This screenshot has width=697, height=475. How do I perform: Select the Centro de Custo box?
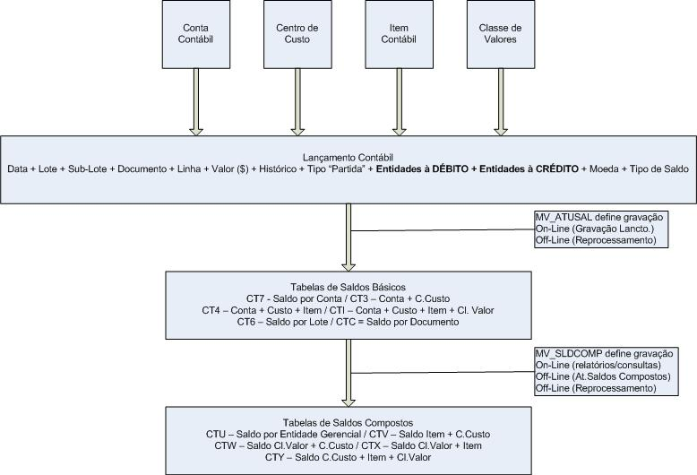[296, 34]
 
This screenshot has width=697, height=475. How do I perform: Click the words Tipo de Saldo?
[662, 168]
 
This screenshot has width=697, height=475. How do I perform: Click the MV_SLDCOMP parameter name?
[567, 354]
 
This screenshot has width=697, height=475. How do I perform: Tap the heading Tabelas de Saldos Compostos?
[348, 422]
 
